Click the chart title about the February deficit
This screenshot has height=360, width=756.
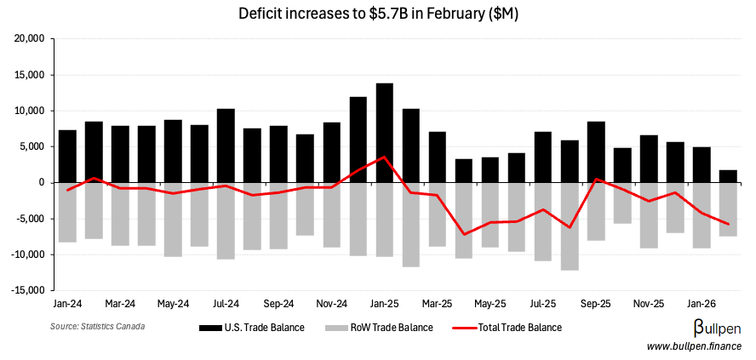pyautogui.click(x=378, y=14)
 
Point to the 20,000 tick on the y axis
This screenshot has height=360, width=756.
pyautogui.click(x=31, y=39)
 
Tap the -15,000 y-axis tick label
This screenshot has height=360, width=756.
pyautogui.click(x=29, y=290)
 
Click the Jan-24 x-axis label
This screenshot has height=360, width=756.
pyautogui.click(x=67, y=303)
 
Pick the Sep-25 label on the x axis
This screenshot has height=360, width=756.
pyautogui.click(x=596, y=303)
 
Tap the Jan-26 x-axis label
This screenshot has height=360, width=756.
pyautogui.click(x=702, y=303)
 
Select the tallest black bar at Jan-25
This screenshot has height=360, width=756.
pyautogui.click(x=385, y=132)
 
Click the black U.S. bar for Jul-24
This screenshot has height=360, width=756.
pyautogui.click(x=226, y=145)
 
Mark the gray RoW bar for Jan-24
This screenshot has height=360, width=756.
pyautogui.click(x=67, y=212)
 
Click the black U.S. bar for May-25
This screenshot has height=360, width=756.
pyautogui.click(x=490, y=169)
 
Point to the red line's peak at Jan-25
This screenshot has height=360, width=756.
pyautogui.click(x=385, y=157)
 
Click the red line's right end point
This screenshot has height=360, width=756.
pyautogui.click(x=728, y=224)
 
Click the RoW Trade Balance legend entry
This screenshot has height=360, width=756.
pyautogui.click(x=382, y=327)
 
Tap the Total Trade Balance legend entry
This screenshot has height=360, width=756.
pyautogui.click(x=507, y=327)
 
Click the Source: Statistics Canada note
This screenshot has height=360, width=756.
pyautogui.click(x=97, y=327)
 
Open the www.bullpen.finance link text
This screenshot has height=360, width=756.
pyautogui.click(x=694, y=346)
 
